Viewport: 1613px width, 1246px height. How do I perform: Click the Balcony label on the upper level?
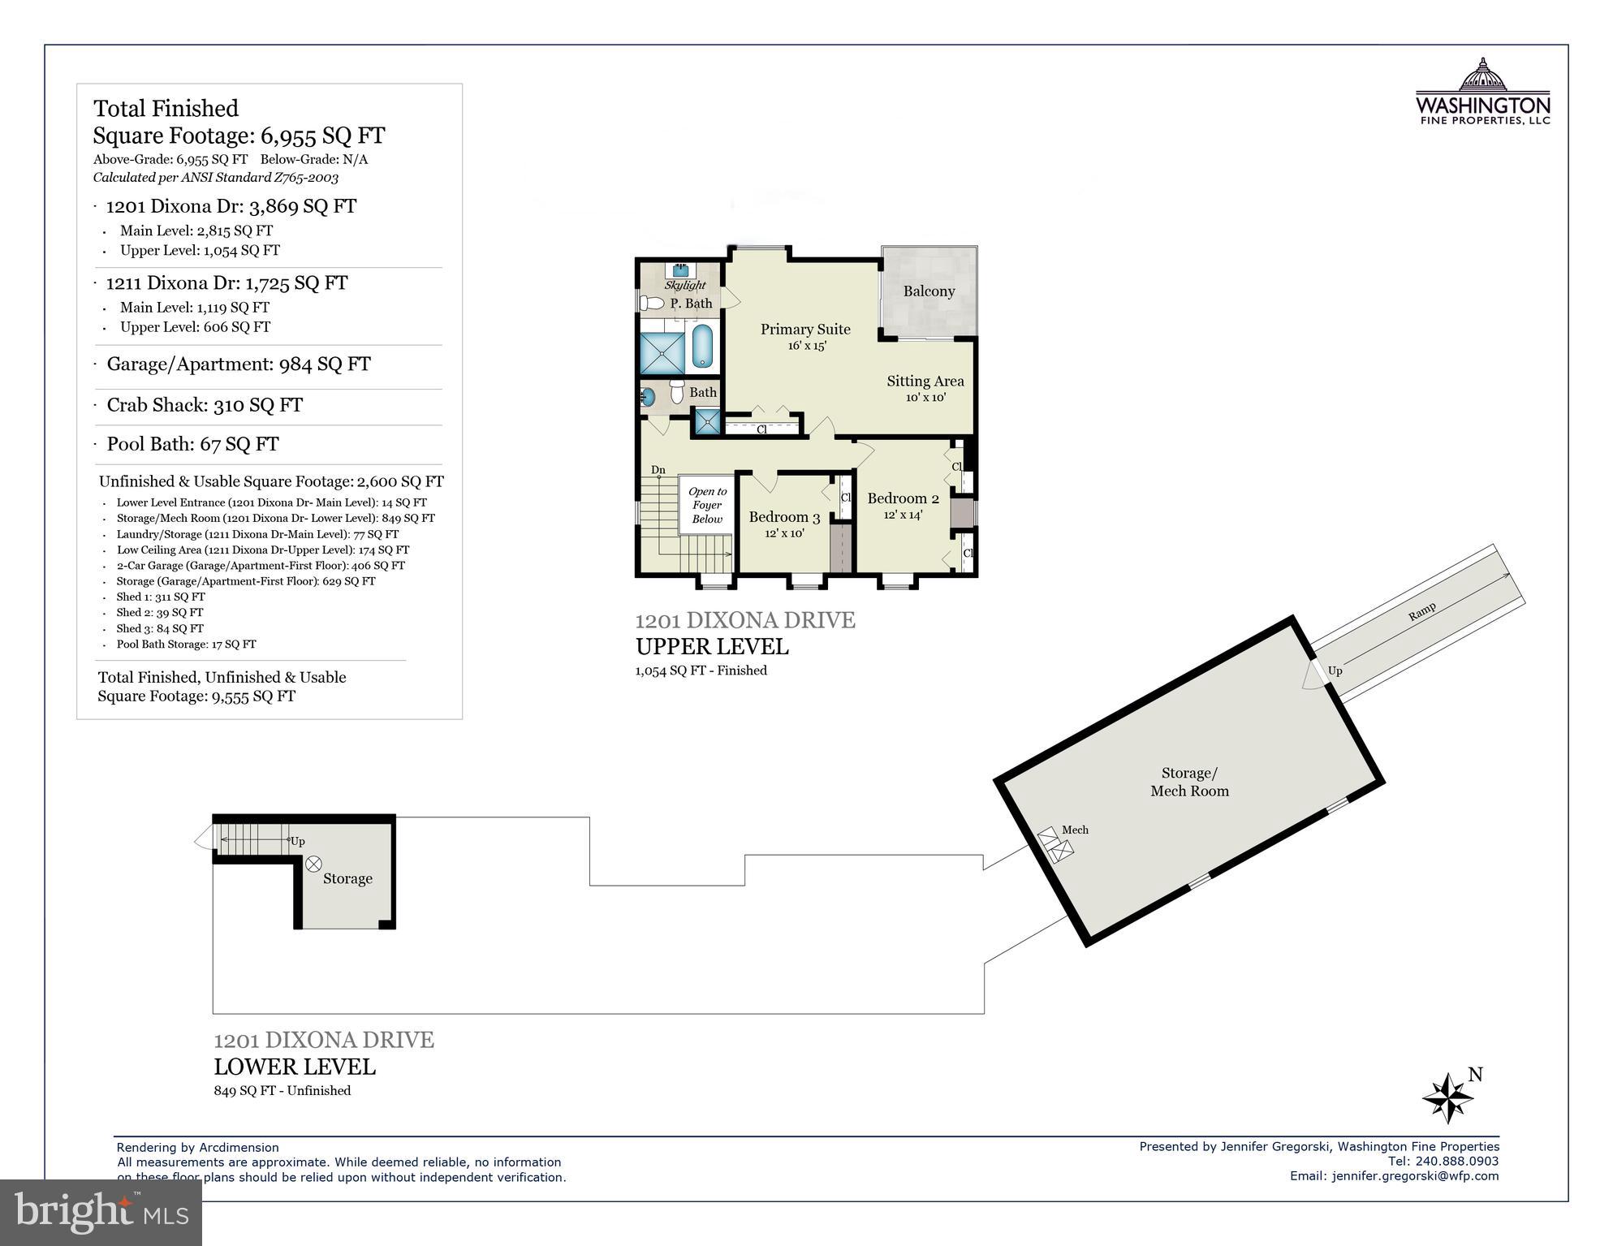929,291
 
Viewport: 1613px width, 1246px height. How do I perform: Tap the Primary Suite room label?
805,330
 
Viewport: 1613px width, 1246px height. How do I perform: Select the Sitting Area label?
925,382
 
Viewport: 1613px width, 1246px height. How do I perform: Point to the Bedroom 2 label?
903,498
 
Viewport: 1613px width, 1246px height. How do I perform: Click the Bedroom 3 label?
784,517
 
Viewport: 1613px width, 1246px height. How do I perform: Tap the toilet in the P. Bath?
651,304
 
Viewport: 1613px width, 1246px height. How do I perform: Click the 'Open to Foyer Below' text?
707,505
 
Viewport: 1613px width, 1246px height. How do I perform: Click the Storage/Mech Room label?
1189,783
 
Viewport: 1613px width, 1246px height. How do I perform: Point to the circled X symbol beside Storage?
313,864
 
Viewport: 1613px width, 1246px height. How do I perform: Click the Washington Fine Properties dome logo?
1482,75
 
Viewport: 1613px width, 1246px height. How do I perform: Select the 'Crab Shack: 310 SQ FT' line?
205,405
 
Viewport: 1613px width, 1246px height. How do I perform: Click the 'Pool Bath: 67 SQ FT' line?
192,444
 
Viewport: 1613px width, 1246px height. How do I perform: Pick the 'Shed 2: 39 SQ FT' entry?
159,613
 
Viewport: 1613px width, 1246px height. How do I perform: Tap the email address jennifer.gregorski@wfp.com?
1415,1175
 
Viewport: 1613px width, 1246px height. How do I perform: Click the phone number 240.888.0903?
1456,1161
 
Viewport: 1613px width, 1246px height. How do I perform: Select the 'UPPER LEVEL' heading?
711,647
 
